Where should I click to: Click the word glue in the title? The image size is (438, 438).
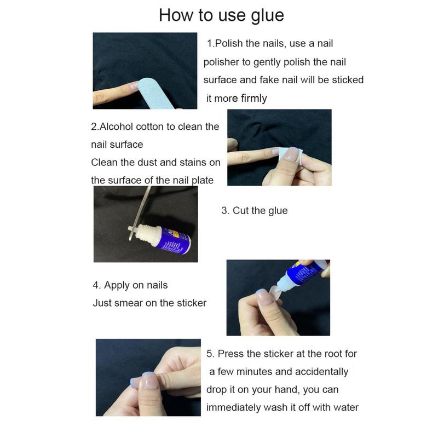coord(267,16)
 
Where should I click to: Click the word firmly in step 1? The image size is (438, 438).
coord(254,99)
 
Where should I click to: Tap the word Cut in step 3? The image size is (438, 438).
coord(241,211)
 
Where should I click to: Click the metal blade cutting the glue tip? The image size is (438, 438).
coord(140,213)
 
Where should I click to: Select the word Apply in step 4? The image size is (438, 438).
coord(117,285)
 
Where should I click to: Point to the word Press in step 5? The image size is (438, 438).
coord(230,354)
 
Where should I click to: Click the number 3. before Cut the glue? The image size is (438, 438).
coord(226,211)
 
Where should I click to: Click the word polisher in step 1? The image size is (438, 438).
coord(221,62)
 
